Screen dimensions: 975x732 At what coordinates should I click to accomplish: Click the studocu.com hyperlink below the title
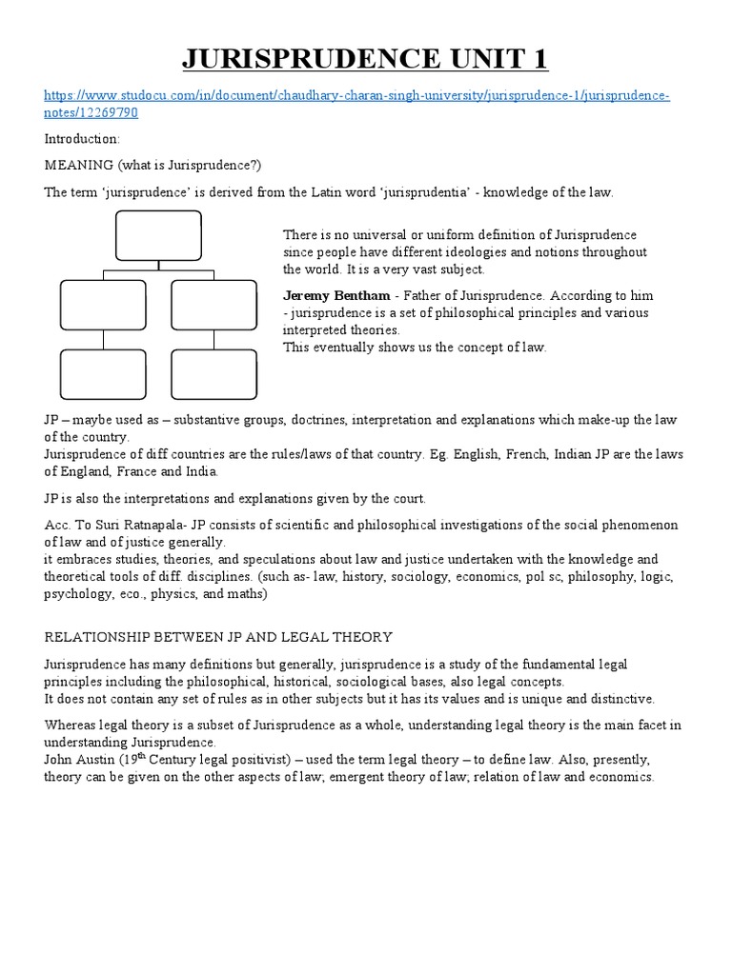pyautogui.click(x=357, y=97)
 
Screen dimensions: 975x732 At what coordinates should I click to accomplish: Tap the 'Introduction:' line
pyautogui.click(x=82, y=138)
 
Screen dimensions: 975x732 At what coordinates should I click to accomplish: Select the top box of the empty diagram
pyautogui.click(x=158, y=234)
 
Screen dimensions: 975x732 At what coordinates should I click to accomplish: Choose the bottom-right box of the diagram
pyautogui.click(x=213, y=374)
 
